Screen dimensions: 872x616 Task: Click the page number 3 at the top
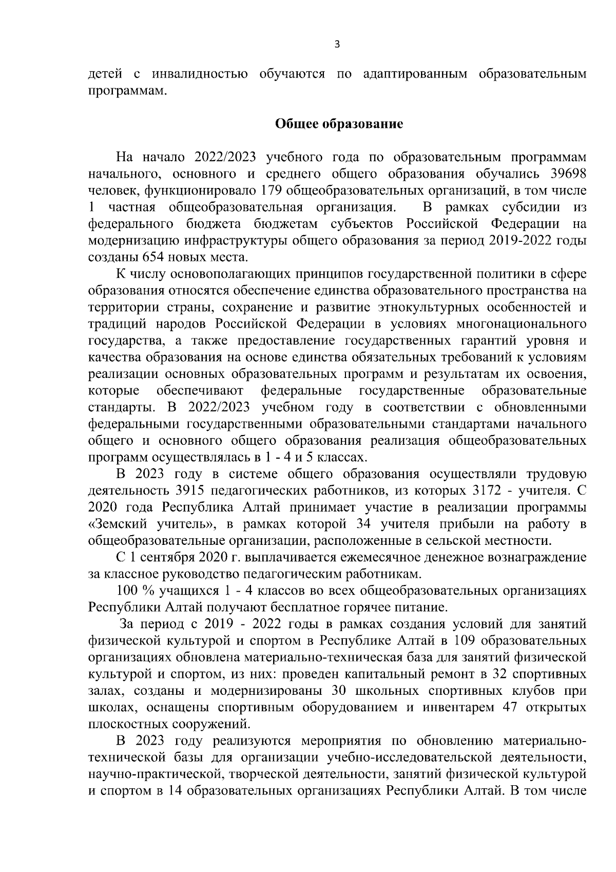coord(337,44)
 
